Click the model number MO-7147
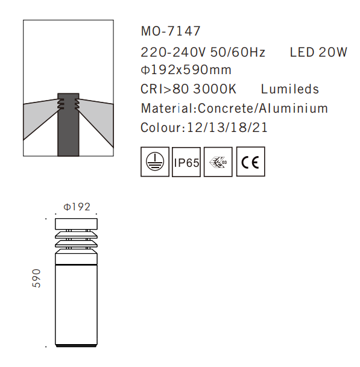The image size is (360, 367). click(x=170, y=31)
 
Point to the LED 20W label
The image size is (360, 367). click(x=318, y=52)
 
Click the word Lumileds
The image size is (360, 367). click(x=289, y=89)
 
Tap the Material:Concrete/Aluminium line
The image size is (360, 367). click(x=234, y=108)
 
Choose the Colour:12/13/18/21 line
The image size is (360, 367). click(x=204, y=128)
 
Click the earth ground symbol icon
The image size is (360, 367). click(x=155, y=162)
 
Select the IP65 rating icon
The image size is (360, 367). click(x=186, y=162)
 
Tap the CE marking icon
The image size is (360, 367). click(x=250, y=162)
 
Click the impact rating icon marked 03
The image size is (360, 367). click(x=218, y=162)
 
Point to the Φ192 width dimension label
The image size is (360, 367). click(x=77, y=206)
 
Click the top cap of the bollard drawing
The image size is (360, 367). click(x=75, y=223)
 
